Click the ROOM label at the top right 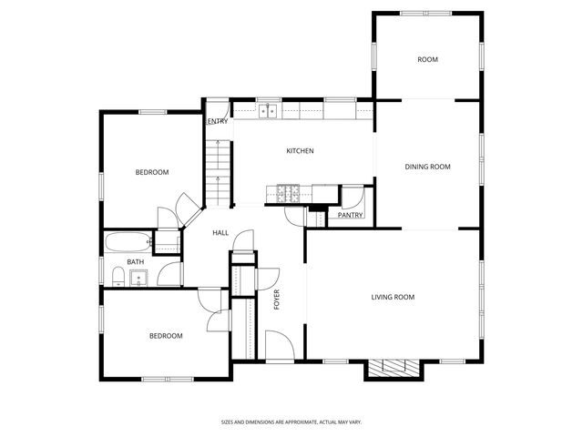coord(427,60)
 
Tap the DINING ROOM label coord(427,167)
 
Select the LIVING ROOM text coord(393,297)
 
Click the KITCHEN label coord(300,151)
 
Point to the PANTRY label coord(350,216)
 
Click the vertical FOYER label coord(276,299)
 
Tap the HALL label coord(220,233)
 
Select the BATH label coord(135,262)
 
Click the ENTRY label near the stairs coord(218,121)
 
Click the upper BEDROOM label coord(152,172)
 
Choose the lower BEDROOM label coord(165,336)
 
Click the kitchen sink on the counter coord(268,111)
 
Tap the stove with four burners coord(289,192)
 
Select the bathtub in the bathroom coord(127,243)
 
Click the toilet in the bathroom coord(118,277)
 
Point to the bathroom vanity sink coord(139,277)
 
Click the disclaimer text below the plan coord(291,422)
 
